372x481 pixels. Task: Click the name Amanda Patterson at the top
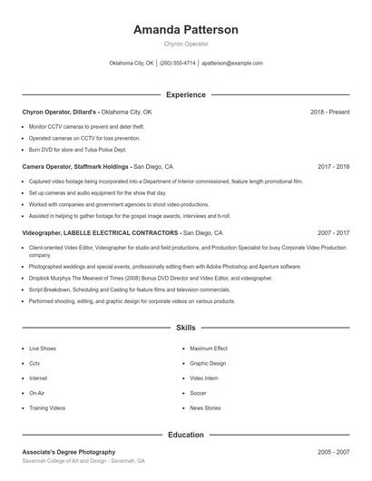pyautogui.click(x=185, y=30)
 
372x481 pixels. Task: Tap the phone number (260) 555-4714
pyautogui.click(x=177, y=64)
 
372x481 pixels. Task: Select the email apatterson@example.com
pyautogui.click(x=232, y=64)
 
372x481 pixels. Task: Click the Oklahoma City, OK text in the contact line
pyautogui.click(x=132, y=64)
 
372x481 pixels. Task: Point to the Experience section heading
pyautogui.click(x=185, y=94)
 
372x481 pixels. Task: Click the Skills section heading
pyautogui.click(x=185, y=328)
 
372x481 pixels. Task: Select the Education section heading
pyautogui.click(x=185, y=435)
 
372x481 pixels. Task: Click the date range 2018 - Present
pyautogui.click(x=329, y=112)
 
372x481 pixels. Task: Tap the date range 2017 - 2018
pyautogui.click(x=333, y=167)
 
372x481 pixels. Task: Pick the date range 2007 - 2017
pyautogui.click(x=333, y=233)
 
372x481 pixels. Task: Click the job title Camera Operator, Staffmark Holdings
pyautogui.click(x=76, y=167)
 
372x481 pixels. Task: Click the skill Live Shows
pyautogui.click(x=42, y=348)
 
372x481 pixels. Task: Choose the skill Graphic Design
pyautogui.click(x=208, y=363)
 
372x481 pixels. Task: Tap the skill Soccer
pyautogui.click(x=198, y=393)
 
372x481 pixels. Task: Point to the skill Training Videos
pyautogui.click(x=47, y=408)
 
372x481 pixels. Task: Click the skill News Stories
pyautogui.click(x=205, y=408)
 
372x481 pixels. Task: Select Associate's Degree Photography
pyautogui.click(x=69, y=452)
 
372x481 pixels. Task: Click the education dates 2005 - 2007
pyautogui.click(x=333, y=452)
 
